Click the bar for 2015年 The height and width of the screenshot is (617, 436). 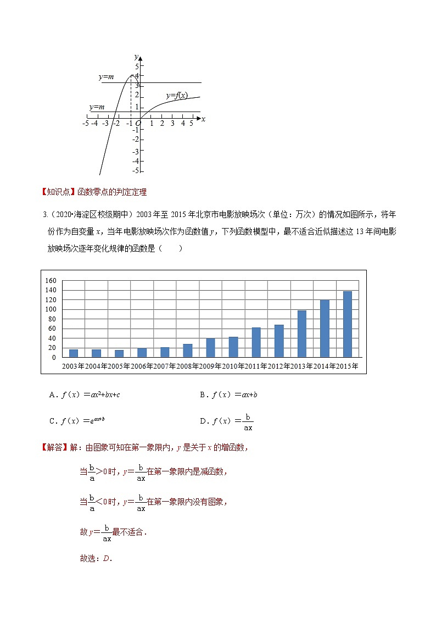348,324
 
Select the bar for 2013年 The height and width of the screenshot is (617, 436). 301,333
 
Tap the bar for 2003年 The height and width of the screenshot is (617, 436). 74,353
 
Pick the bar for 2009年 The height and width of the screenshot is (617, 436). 210,348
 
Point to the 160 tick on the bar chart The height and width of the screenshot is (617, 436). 51,281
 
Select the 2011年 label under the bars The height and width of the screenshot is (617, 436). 256,366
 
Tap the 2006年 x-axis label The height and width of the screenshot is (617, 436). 142,366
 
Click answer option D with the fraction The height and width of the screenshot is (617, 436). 226,421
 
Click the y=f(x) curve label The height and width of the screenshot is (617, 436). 177,96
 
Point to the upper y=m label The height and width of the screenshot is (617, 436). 106,77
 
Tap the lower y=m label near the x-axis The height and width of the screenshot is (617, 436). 97,107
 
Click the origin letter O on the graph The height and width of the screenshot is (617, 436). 139,124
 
